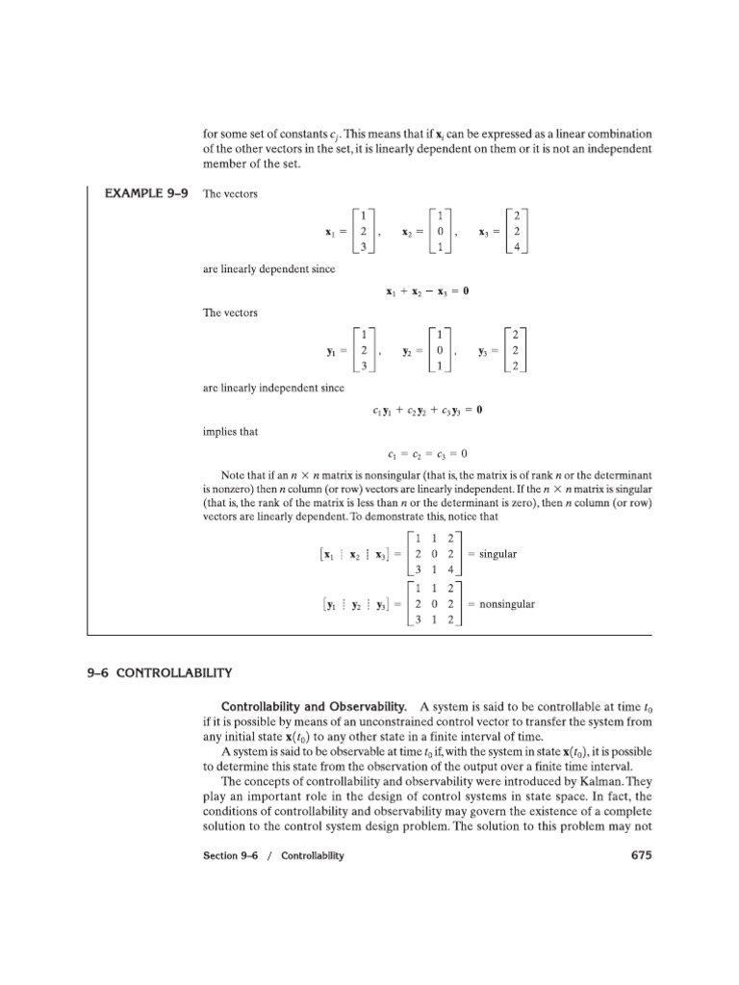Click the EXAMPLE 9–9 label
(x=145, y=193)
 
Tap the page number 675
(x=639, y=855)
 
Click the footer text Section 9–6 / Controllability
(x=273, y=856)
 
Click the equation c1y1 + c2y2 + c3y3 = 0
(x=427, y=410)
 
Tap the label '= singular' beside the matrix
(x=492, y=554)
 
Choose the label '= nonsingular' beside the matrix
(x=500, y=604)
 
